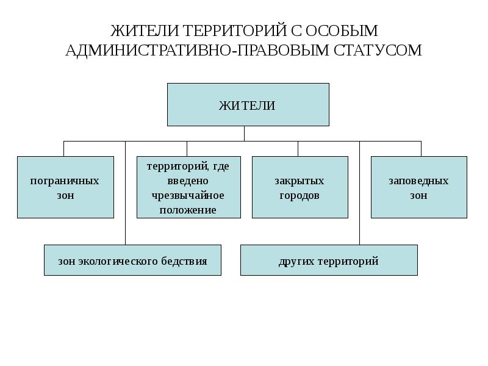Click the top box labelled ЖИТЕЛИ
click(x=248, y=104)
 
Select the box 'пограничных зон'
click(x=65, y=187)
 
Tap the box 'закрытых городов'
click(x=300, y=187)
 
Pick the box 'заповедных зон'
click(x=419, y=187)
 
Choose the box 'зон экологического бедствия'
click(x=132, y=260)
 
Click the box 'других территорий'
click(x=329, y=260)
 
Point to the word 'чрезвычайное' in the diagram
click(x=188, y=195)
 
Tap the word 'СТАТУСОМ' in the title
click(x=378, y=50)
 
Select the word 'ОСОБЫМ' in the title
click(x=341, y=30)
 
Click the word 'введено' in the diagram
click(x=188, y=181)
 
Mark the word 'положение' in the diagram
click(x=188, y=210)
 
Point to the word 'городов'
click(x=300, y=195)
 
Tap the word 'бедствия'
click(x=184, y=261)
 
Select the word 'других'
click(x=296, y=262)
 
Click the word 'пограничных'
click(x=65, y=181)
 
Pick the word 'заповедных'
click(x=418, y=181)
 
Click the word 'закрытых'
click(x=300, y=181)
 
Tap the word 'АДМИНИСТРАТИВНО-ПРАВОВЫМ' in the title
click(x=197, y=50)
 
